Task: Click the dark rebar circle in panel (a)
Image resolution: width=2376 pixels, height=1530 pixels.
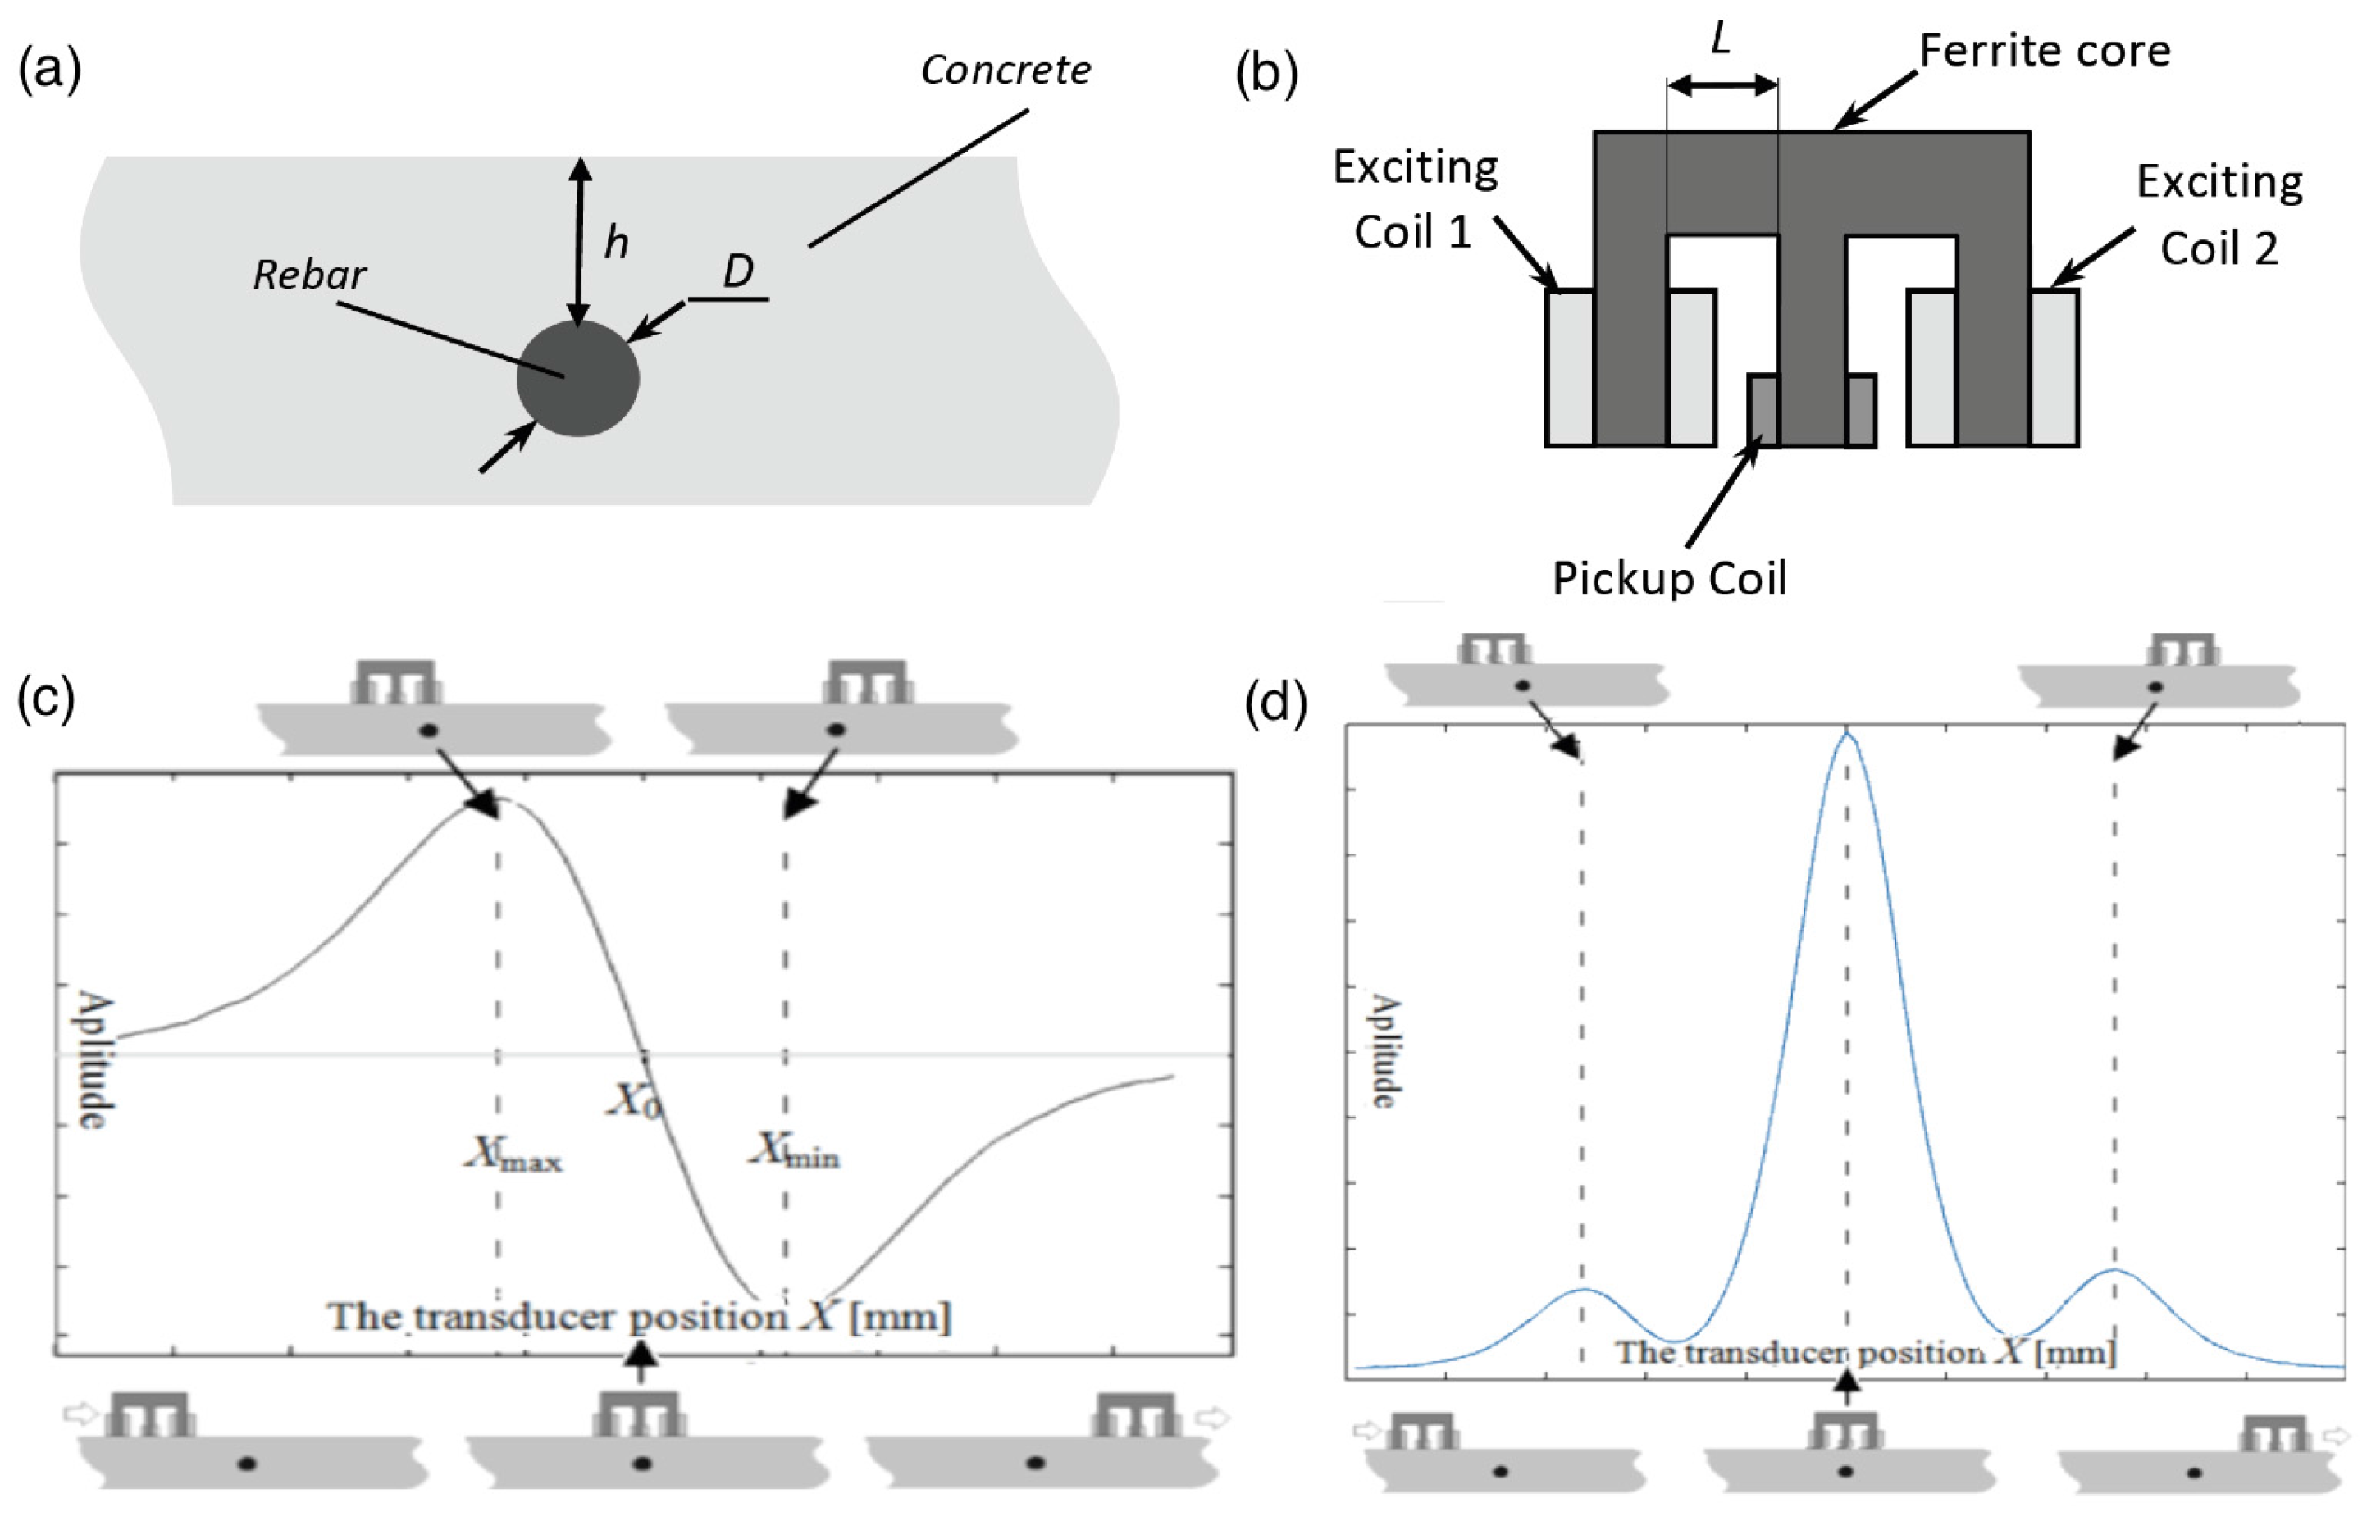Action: coord(577,379)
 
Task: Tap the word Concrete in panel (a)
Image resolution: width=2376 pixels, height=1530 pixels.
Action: coord(1006,70)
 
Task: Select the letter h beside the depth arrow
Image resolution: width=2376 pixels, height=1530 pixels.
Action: coord(617,243)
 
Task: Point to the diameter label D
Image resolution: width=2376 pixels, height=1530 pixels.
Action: coord(737,271)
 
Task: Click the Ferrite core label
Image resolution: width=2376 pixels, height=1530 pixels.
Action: coord(2044,51)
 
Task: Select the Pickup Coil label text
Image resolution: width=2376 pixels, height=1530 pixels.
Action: coord(1670,578)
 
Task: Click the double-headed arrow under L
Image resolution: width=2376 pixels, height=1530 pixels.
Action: coord(1722,85)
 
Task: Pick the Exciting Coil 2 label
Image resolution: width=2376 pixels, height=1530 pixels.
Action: coord(2219,215)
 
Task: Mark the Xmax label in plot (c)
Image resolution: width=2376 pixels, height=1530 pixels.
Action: coord(515,1154)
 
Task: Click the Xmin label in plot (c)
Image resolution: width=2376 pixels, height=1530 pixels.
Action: coord(795,1150)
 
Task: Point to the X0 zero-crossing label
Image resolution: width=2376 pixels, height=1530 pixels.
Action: coord(635,1100)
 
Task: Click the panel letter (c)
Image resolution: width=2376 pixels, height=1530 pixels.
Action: coord(46,698)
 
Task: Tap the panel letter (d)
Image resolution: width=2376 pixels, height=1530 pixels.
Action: coord(1275,703)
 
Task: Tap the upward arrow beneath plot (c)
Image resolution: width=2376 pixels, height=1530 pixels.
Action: coord(642,1361)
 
